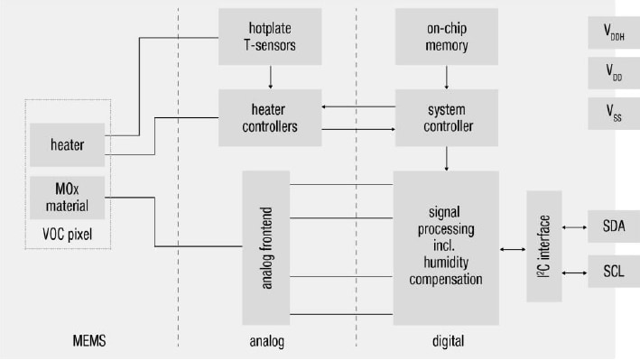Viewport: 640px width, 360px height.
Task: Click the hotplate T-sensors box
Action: (270, 37)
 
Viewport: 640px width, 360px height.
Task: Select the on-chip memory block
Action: (446, 37)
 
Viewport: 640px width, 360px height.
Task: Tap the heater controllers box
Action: (270, 117)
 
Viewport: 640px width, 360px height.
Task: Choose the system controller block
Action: (446, 117)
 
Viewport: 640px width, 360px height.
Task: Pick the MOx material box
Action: (69, 198)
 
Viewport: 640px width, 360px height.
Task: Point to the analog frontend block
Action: (269, 248)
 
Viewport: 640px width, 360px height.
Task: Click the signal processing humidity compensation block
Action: (445, 248)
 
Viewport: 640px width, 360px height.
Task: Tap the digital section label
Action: (447, 341)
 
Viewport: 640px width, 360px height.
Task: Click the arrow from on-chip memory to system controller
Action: (446, 78)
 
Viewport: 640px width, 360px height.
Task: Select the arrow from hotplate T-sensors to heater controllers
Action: (270, 78)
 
